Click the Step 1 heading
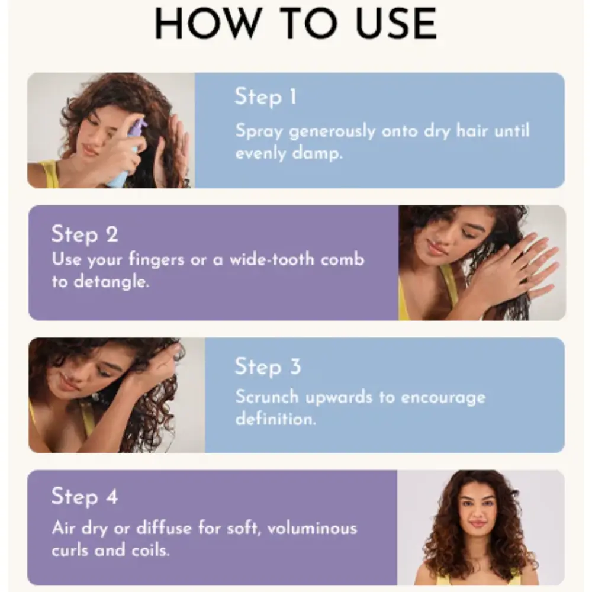click(265, 97)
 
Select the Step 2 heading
click(85, 234)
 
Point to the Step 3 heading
click(268, 366)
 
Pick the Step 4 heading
click(85, 496)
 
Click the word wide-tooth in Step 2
click(272, 259)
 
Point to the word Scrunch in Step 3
click(267, 397)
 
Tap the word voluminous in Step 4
click(312, 528)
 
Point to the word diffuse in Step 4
click(164, 528)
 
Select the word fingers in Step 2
click(156, 260)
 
